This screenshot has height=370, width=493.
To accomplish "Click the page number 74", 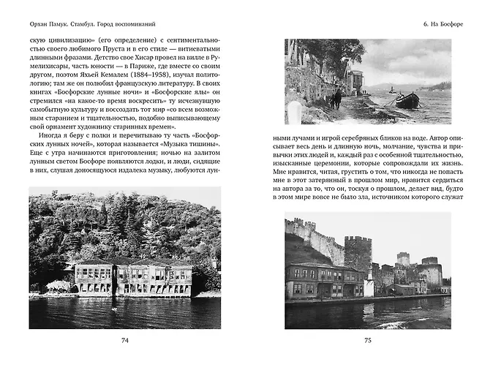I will tap(124, 340).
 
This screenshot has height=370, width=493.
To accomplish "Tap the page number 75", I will tap(368, 340).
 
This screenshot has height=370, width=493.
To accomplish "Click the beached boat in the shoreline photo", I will tap(407, 99).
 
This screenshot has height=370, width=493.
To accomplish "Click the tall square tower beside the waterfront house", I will tap(358, 256).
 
